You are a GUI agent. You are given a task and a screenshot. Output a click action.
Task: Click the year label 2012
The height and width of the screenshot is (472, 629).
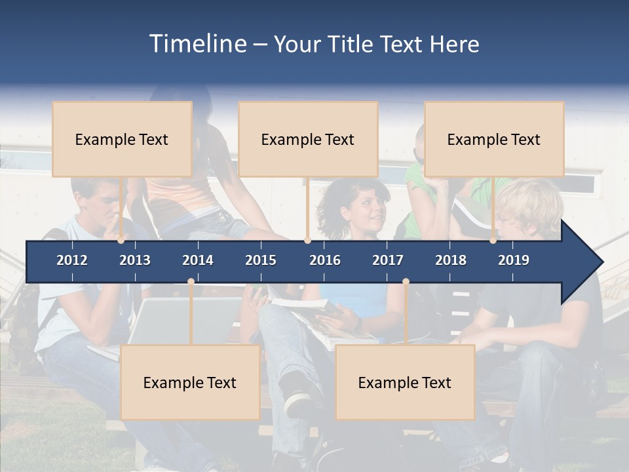pos(72,260)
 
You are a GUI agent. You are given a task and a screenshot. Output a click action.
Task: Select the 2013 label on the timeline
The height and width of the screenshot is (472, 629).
pos(135,260)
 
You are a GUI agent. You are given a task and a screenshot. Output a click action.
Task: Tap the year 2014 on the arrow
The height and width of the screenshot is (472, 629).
pos(198,260)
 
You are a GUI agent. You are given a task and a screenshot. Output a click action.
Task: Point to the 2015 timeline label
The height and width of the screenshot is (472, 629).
pos(261,260)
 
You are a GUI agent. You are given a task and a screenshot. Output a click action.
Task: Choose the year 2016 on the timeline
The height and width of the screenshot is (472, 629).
pos(325,260)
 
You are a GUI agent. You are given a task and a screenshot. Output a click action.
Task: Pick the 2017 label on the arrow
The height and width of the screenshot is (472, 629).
pos(388,260)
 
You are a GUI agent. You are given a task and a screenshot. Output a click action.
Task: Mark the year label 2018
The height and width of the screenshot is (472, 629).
pos(451,260)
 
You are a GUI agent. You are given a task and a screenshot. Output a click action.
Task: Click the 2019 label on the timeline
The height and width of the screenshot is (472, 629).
pos(514,260)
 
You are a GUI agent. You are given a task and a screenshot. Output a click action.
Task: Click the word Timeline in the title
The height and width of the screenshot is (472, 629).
pos(197,44)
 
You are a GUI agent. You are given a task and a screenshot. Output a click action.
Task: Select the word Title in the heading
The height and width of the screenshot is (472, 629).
pos(352,45)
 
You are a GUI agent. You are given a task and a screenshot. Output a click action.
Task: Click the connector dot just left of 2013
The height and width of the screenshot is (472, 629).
pos(121,241)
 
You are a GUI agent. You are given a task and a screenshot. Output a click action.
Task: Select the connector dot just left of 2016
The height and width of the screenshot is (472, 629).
pos(307,241)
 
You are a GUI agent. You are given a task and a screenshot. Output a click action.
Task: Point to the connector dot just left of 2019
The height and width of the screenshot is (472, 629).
pos(493,241)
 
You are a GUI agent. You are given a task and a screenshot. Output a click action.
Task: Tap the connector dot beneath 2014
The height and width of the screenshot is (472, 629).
pos(191,282)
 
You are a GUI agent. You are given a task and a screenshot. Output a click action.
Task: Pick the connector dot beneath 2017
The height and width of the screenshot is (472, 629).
pos(406,282)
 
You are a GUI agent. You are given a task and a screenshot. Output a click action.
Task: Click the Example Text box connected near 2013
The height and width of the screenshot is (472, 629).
pos(122,140)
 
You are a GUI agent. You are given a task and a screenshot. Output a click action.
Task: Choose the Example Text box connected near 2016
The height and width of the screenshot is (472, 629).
pos(308,140)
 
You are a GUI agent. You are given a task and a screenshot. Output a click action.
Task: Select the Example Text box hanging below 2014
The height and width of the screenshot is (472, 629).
pos(190,383)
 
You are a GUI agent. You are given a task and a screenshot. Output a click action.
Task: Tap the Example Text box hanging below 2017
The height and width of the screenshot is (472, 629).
pos(405,383)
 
